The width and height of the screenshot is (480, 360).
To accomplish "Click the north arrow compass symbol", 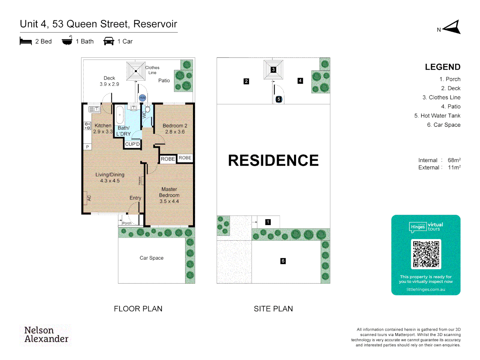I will [x=452, y=27].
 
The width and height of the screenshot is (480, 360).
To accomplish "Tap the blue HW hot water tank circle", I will [x=143, y=98].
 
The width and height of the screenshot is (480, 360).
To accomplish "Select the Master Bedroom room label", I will [x=169, y=195].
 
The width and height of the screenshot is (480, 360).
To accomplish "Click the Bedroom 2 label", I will [x=175, y=129].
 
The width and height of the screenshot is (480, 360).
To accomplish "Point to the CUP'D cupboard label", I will [x=132, y=144].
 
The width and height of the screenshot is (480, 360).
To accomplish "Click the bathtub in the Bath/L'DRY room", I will [x=120, y=115].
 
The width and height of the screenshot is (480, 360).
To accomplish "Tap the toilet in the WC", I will [x=147, y=109].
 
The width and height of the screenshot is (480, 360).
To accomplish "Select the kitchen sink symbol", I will [x=94, y=109].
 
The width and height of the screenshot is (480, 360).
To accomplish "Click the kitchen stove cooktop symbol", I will [x=87, y=126].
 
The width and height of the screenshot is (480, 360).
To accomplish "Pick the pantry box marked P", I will [x=87, y=147].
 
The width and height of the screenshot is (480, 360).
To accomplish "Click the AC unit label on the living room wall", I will [x=89, y=198].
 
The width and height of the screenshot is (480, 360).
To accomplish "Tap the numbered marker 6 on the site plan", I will [x=283, y=261].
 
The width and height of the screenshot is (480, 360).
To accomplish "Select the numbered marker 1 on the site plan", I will [x=268, y=222].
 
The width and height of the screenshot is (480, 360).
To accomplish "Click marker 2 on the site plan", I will [x=246, y=81].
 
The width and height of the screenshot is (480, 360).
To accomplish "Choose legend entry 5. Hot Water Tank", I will [x=437, y=116].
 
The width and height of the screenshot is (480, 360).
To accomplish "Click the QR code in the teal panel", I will [x=426, y=254].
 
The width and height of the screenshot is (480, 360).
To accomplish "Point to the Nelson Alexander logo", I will [x=46, y=335].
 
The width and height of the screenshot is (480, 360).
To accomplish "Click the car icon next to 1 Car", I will [x=109, y=41].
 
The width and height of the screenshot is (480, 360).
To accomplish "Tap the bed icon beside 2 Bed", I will [x=26, y=41].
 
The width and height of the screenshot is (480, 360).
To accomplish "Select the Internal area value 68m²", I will [x=454, y=160].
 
